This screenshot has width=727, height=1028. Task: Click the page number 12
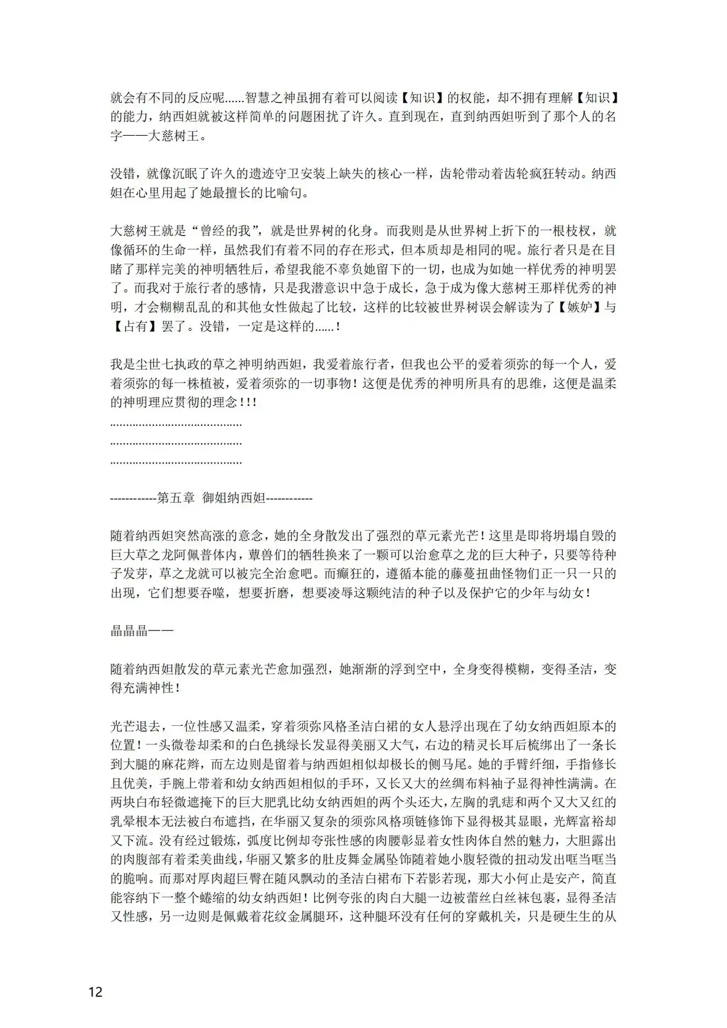(x=95, y=992)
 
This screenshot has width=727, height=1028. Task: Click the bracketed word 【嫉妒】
(x=576, y=308)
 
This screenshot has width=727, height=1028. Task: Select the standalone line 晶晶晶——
(x=141, y=630)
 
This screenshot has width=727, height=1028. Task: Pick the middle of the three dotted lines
(x=176, y=442)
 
